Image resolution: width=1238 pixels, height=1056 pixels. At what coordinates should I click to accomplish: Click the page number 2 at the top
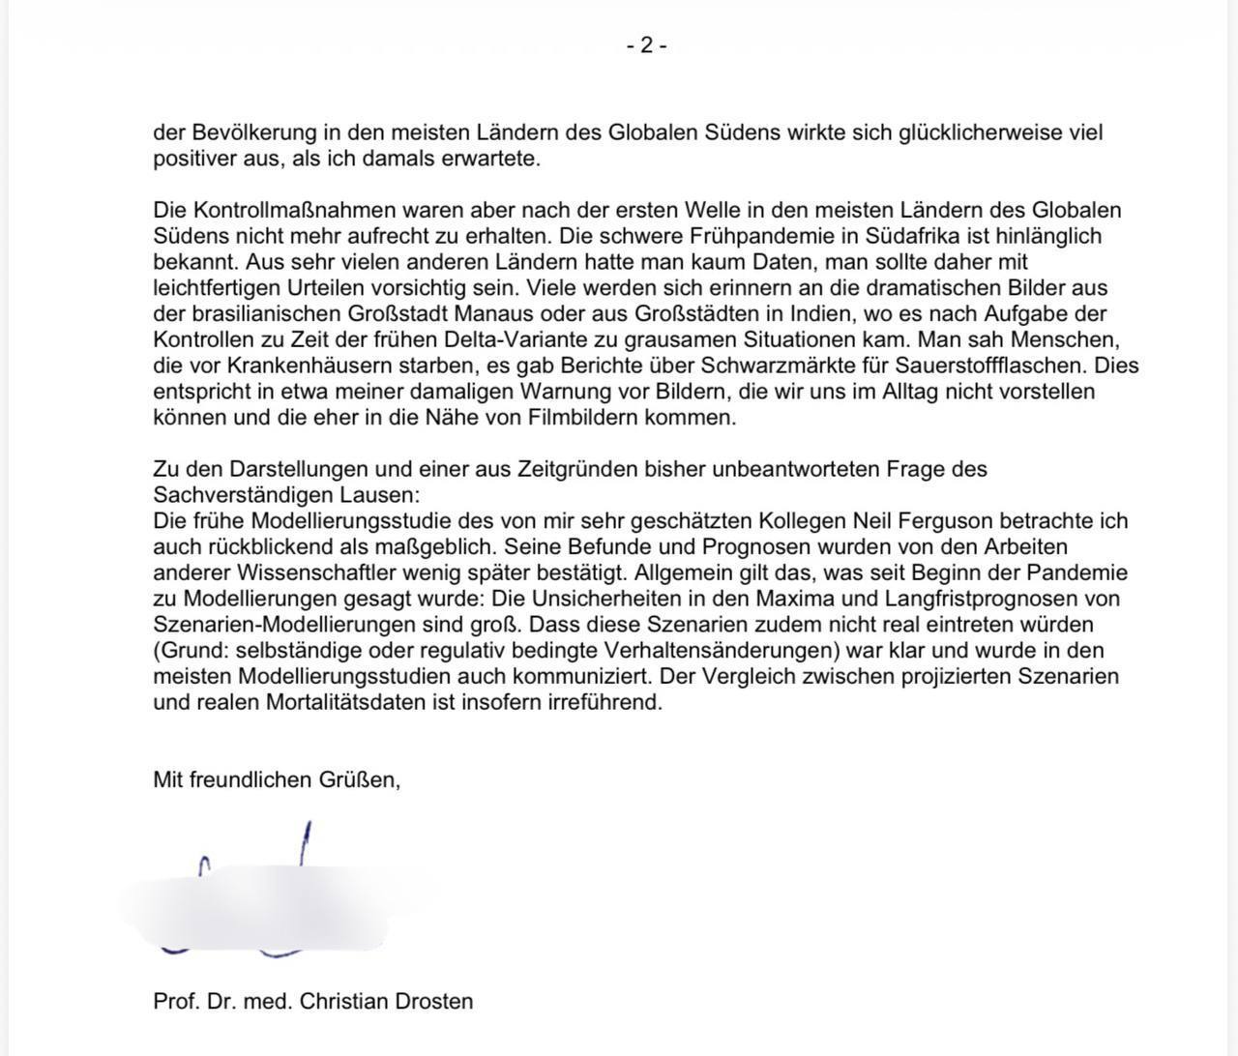point(646,45)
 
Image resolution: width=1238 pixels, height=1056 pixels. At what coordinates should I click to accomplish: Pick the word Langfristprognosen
point(984,599)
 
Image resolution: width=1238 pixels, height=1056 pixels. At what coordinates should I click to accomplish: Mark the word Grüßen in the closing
point(359,780)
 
